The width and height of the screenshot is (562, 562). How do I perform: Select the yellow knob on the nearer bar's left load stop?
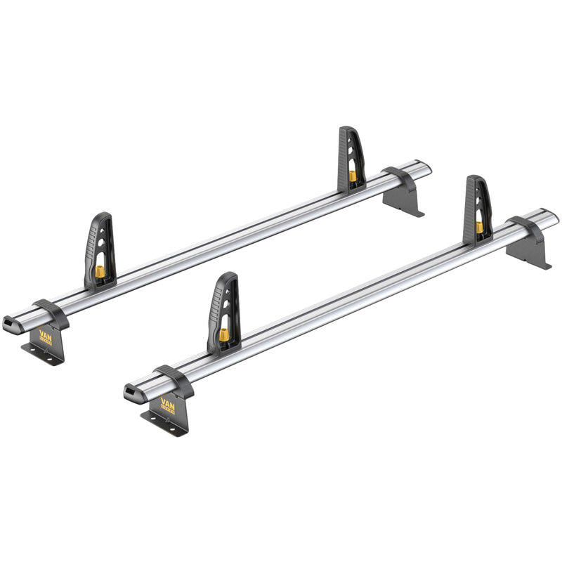[224, 334]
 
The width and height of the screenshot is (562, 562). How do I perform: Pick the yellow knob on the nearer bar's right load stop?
[480, 227]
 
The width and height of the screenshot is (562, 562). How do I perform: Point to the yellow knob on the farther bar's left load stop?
[100, 270]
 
